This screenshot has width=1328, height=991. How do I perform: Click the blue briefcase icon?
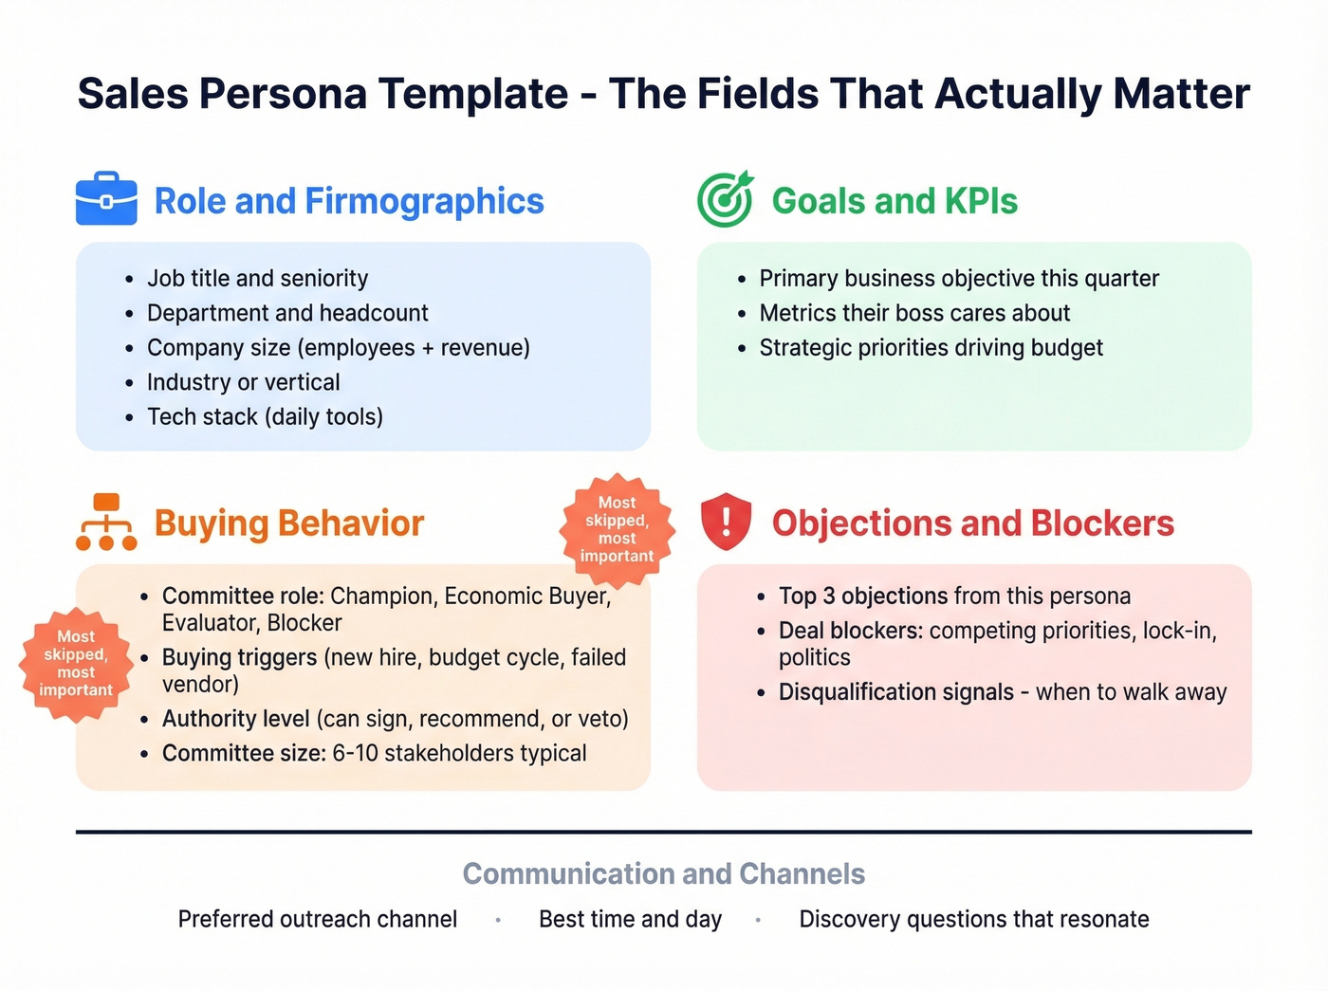[106, 199]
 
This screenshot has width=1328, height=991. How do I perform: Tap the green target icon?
[726, 199]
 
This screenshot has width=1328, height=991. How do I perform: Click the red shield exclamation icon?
[726, 522]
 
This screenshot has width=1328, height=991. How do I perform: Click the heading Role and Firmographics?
[349, 201]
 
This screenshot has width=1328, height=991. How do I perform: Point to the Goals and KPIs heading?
[895, 201]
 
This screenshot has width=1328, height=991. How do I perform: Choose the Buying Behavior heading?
[289, 523]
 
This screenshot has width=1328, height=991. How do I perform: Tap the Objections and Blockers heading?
[972, 523]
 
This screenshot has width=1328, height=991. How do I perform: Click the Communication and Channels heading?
[664, 873]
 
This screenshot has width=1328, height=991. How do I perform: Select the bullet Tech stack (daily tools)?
[265, 417]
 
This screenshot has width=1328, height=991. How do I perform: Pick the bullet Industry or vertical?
[243, 382]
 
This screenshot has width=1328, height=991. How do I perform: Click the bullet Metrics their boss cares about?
[914, 313]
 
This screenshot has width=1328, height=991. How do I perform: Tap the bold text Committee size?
[244, 753]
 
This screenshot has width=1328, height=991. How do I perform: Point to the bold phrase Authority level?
[236, 719]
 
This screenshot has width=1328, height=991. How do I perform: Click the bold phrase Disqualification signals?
[896, 692]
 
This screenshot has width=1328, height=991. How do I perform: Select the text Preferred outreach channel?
[318, 919]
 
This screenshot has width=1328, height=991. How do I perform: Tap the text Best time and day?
[630, 919]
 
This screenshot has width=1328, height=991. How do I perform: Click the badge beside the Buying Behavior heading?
[618, 529]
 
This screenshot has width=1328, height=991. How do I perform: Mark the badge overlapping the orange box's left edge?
[76, 663]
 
